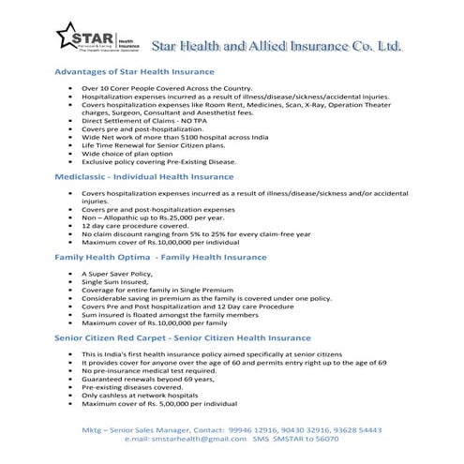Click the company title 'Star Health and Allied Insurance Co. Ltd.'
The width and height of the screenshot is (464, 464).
point(278,45)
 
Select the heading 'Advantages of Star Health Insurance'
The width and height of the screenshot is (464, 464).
point(135,71)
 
